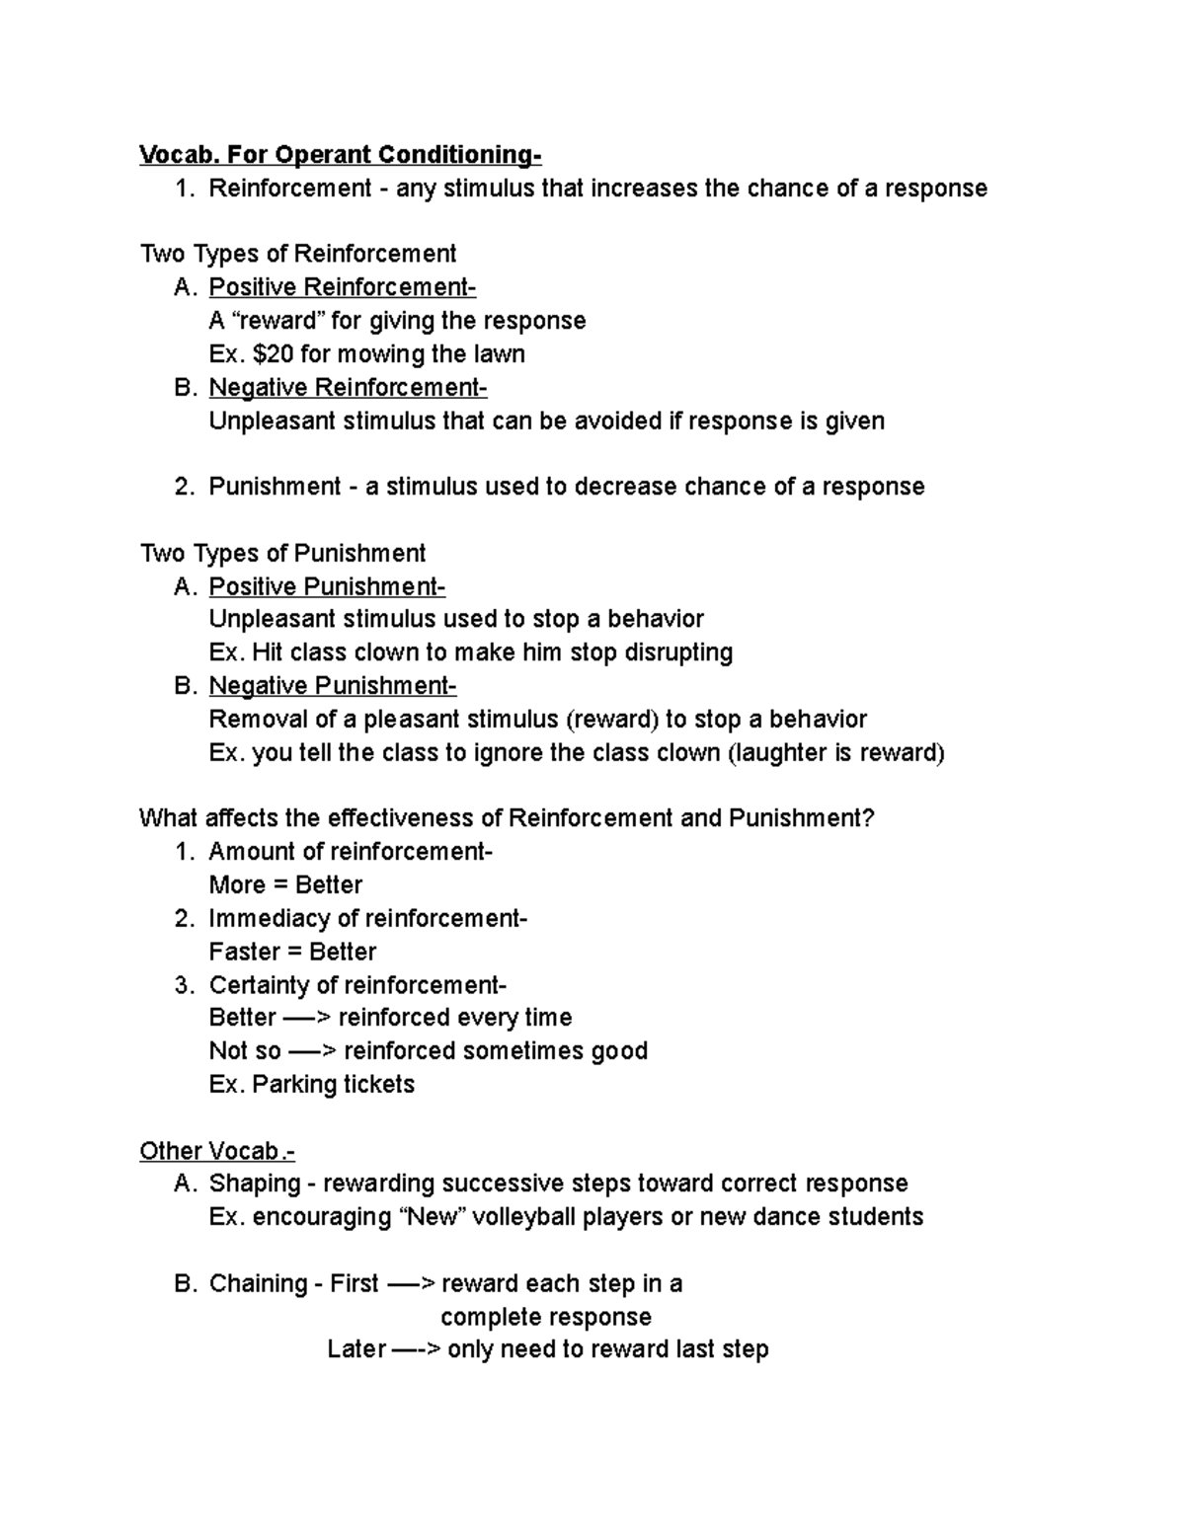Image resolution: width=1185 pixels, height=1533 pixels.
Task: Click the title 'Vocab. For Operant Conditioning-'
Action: (341, 155)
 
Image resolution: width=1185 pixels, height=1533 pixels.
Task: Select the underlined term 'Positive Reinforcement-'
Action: (342, 287)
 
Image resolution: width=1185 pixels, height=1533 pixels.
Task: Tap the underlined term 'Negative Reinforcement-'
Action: (348, 387)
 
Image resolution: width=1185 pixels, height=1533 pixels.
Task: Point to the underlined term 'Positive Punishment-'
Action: (327, 586)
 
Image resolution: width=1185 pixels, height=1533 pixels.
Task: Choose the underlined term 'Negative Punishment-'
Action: (333, 685)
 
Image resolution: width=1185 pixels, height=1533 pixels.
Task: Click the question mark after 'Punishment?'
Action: (869, 818)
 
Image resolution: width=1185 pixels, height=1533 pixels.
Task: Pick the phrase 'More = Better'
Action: (285, 884)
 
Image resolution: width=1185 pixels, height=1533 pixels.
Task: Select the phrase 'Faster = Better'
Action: (292, 952)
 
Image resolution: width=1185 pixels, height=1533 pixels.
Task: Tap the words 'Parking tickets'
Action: (334, 1084)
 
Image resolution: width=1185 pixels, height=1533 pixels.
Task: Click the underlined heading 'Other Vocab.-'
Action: (217, 1151)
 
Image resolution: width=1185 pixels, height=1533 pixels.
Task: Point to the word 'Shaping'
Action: (254, 1184)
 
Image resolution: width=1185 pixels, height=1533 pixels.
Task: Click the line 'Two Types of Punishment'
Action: (282, 553)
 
